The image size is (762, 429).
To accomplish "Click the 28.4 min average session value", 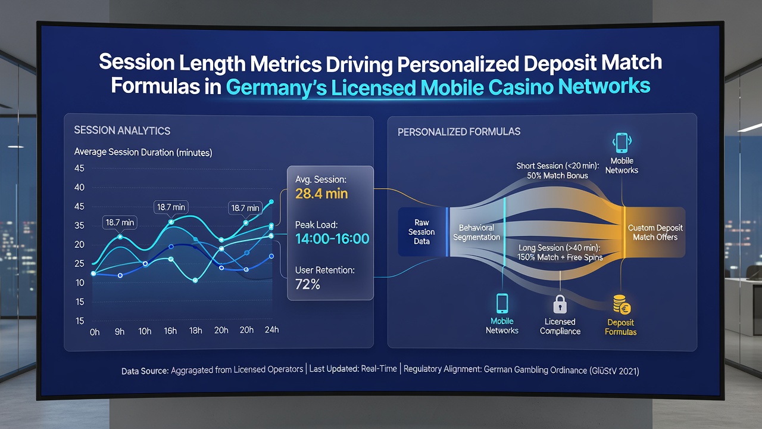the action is point(321,194).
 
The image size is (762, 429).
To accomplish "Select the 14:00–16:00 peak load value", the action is point(332,239).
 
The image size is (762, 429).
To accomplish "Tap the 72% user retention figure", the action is point(308,284).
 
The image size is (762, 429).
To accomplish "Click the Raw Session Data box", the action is point(422,232).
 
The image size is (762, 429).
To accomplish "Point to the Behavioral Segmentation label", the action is point(476,232).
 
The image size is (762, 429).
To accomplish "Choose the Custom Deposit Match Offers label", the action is point(655,232).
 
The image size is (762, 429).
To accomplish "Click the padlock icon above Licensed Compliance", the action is point(560,304).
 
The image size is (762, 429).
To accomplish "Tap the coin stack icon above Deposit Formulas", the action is point(622,304).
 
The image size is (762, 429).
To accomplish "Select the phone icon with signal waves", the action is point(622,143).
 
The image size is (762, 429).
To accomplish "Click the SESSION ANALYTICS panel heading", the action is point(122,130).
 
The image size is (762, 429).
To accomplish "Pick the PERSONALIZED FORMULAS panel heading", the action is point(459,132).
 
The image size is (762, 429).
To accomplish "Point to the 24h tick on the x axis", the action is point(271,329).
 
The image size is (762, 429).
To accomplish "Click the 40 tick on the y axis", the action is point(79,187).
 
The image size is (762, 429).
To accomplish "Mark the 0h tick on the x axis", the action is point(95,332).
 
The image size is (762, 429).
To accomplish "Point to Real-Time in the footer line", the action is point(379,369).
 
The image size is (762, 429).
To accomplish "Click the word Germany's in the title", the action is point(276,87).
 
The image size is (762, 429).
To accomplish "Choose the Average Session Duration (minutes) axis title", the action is point(143,152).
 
